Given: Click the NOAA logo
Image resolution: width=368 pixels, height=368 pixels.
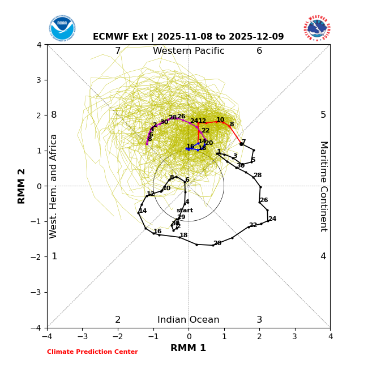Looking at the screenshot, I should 62,28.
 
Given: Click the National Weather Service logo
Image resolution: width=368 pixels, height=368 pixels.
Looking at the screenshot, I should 316,28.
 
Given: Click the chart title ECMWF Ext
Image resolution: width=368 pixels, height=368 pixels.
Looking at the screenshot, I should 189,37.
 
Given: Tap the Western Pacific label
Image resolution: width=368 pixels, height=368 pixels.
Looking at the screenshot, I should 189,51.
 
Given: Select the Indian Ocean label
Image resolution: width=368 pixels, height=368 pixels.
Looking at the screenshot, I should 189,320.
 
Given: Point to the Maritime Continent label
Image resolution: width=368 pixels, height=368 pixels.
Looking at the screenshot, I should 323,186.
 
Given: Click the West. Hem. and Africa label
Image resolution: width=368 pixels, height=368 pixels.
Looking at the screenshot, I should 54,186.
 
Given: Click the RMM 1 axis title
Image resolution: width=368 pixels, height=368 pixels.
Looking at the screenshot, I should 189,348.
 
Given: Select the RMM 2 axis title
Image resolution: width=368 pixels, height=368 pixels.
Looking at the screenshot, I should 22,186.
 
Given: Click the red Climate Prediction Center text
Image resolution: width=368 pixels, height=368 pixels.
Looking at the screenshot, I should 92,352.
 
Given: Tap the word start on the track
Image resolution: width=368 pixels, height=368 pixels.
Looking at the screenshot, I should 185,211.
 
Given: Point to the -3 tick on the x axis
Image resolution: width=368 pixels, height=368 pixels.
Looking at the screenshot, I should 82,336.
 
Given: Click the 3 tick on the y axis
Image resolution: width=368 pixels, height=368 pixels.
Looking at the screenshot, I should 39,80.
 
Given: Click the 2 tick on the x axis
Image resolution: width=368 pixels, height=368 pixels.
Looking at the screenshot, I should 259,336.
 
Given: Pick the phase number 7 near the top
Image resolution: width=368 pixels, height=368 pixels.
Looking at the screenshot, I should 118,51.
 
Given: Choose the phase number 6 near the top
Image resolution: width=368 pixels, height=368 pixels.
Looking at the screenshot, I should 259,51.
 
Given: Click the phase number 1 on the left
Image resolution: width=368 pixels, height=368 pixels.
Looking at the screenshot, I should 54,256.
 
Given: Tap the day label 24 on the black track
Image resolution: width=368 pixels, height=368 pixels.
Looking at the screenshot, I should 272,219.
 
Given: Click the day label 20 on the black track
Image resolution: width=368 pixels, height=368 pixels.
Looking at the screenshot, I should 217,243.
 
